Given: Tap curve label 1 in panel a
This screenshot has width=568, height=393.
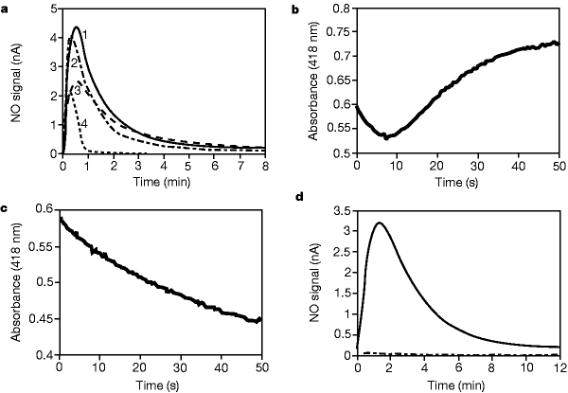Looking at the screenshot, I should (x=85, y=35).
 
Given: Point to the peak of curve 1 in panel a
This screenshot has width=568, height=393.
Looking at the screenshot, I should (x=76, y=27).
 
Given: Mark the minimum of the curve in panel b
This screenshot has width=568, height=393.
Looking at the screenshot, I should (x=384, y=137).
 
